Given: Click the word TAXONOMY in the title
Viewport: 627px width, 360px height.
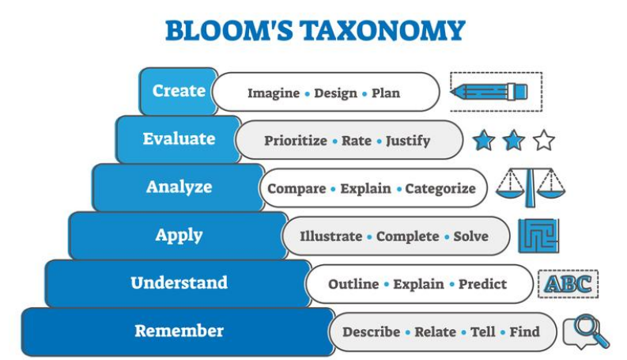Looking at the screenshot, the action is (382, 31).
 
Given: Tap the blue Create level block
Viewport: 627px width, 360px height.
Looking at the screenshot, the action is (179, 91).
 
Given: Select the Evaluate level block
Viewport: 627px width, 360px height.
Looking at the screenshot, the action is (179, 139).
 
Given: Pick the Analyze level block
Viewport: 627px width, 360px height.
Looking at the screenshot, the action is (179, 188).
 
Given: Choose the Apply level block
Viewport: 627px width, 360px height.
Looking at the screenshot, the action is (179, 235).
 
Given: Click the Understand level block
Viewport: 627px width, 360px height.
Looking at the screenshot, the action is (179, 283).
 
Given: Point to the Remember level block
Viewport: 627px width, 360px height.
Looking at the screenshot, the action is (179, 332).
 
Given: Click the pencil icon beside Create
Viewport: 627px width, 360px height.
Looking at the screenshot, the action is (489, 92).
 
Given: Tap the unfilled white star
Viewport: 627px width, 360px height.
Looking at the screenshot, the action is (544, 140).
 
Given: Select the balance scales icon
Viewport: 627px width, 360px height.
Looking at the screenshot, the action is (531, 188).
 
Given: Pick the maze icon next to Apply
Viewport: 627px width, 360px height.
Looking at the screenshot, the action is (538, 236).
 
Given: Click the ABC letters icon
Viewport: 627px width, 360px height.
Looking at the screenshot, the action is (568, 284).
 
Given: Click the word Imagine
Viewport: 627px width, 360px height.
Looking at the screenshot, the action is (274, 93).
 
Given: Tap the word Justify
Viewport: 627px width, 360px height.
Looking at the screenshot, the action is (408, 141).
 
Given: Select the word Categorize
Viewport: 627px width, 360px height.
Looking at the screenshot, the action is (440, 188).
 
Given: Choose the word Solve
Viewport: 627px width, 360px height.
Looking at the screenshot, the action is (470, 237).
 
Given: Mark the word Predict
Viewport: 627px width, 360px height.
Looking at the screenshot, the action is (482, 284).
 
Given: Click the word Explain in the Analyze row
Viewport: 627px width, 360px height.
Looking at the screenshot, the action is (365, 188).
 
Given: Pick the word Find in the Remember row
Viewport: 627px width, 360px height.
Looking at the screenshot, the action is (524, 332).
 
